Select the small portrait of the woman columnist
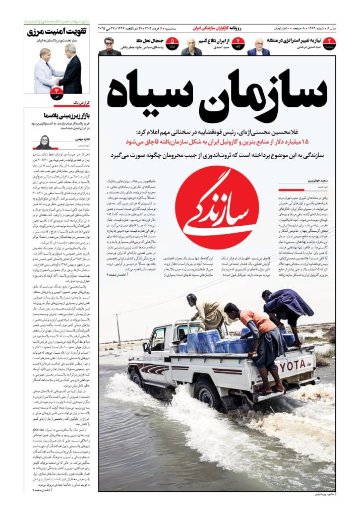pyautogui.click(x=43, y=142)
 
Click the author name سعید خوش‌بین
pyautogui.click(x=316, y=180)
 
